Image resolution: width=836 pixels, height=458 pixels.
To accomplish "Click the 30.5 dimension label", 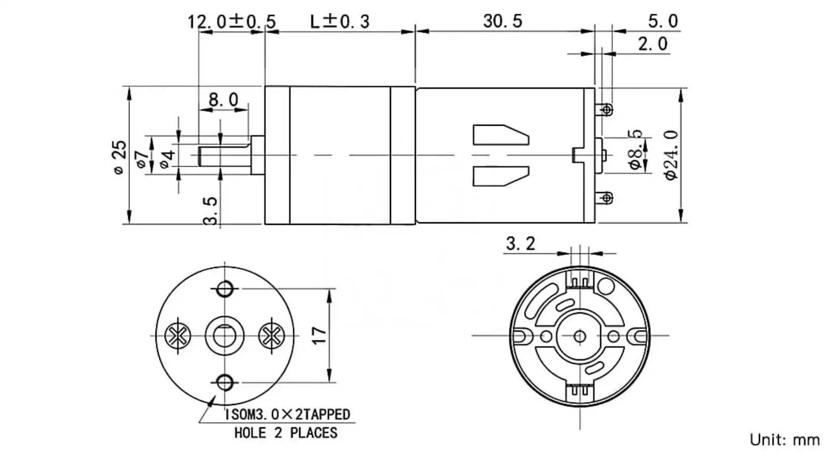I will point(502,21).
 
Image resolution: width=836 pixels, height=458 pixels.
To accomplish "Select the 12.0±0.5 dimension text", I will point(231,21).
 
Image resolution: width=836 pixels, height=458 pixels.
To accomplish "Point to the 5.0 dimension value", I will point(662,21).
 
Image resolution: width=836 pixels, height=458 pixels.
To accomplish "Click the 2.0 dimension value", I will point(652,44).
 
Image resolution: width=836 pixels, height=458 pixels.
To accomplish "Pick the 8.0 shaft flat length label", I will point(223,100).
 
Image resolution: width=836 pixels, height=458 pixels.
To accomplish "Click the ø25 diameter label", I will point(120,157).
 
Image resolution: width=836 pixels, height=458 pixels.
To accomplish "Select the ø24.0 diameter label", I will point(672,155).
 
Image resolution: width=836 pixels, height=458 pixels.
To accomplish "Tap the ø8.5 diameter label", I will point(636,150).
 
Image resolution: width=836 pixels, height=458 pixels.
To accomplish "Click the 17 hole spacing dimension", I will point(319,335).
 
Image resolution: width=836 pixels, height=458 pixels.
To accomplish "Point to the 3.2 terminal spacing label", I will point(521,244).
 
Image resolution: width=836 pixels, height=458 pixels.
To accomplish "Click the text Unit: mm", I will point(784,440).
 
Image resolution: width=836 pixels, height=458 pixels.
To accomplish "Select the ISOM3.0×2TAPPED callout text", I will point(287,415).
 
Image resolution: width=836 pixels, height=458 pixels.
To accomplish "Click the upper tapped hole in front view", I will point(225,289).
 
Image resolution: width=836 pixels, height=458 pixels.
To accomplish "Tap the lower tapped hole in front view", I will point(225,382).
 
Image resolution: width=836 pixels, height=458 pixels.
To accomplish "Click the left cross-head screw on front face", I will point(177,336).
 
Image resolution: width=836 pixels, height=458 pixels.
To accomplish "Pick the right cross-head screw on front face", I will point(271,336).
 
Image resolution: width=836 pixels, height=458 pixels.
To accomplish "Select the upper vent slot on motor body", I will point(500,135).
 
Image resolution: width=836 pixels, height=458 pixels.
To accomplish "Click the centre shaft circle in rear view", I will point(580,336).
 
